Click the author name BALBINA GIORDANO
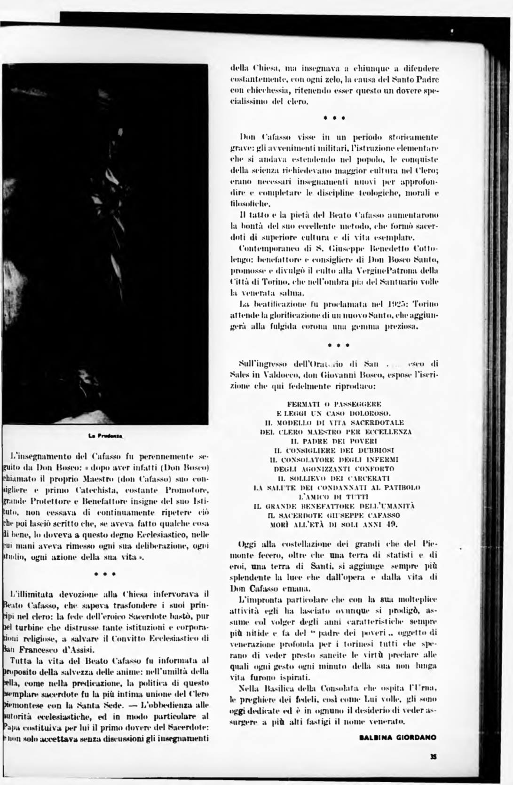(x=397, y=737)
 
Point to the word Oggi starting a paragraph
(x=247, y=544)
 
